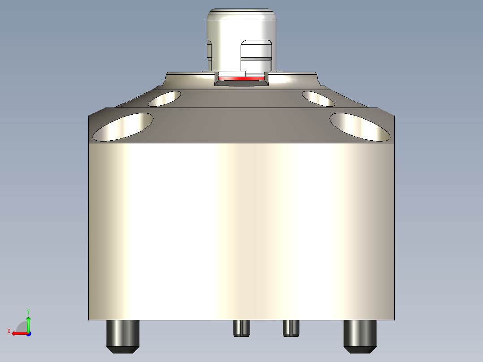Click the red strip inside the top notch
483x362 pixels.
(241, 78)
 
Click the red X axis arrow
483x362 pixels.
(18, 333)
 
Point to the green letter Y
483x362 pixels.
(28, 311)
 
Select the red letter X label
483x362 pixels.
(9, 331)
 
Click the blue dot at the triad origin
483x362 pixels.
(28, 333)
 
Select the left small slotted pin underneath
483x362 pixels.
(241, 328)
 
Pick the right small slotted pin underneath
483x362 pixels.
(291, 328)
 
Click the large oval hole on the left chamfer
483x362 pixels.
(122, 127)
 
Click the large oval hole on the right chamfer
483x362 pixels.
(360, 127)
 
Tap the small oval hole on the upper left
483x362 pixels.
(164, 98)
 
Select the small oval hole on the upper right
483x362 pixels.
(318, 98)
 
